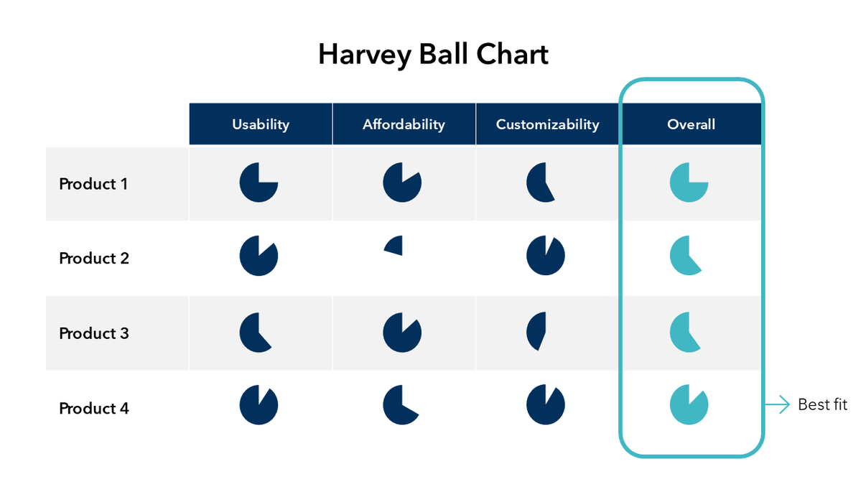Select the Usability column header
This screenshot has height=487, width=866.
click(x=260, y=124)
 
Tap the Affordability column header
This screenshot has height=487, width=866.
click(x=404, y=124)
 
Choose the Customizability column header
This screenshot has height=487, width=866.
click(x=547, y=124)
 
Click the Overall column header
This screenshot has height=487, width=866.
click(x=691, y=124)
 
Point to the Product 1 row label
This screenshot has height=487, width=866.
click(x=93, y=184)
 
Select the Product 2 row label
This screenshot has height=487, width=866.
click(x=94, y=258)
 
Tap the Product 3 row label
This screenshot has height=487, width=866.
click(x=94, y=333)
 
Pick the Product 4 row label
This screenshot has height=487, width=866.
click(x=94, y=408)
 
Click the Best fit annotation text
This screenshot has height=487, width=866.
click(x=822, y=405)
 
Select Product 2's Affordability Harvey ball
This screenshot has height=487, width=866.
click(x=394, y=246)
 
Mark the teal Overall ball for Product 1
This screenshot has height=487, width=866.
click(x=689, y=182)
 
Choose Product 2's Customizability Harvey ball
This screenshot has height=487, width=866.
click(x=546, y=256)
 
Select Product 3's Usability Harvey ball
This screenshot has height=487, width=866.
click(x=253, y=333)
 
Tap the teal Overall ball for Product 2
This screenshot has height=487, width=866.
click(x=684, y=256)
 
